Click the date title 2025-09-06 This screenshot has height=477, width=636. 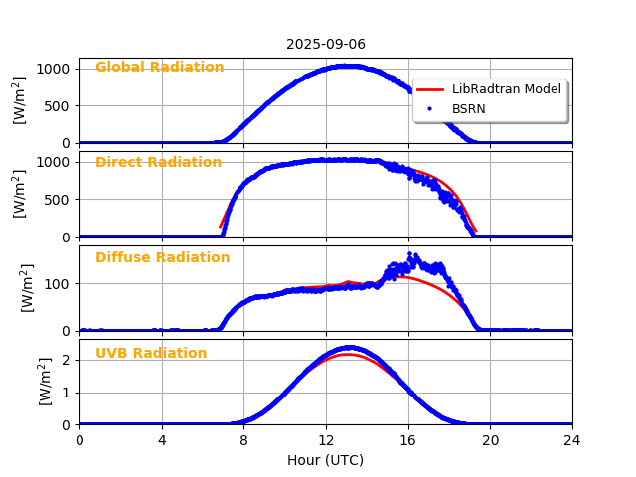pyautogui.click(x=326, y=45)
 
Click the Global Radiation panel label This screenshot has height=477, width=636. pyautogui.click(x=159, y=68)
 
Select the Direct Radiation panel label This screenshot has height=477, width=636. pyautogui.click(x=158, y=163)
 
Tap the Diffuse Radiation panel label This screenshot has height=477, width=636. pyautogui.click(x=162, y=258)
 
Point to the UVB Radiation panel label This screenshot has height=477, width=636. pyautogui.click(x=151, y=354)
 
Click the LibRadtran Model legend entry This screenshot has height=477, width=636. pyautogui.click(x=507, y=89)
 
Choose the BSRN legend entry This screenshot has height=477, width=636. pyautogui.click(x=469, y=109)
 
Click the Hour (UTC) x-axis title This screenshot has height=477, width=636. pyautogui.click(x=326, y=460)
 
